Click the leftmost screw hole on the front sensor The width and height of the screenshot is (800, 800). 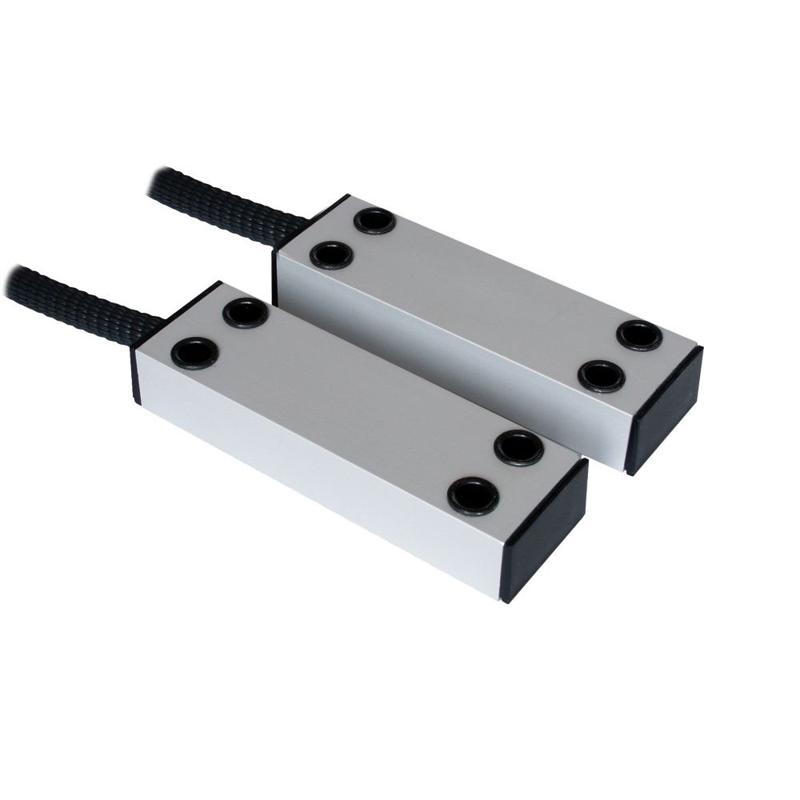tap(194, 352)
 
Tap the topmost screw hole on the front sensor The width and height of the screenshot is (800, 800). tap(246, 313)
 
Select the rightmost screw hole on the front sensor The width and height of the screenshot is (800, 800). tap(518, 448)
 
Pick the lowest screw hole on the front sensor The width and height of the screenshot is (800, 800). tap(473, 496)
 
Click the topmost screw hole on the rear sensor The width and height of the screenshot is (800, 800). tap(374, 220)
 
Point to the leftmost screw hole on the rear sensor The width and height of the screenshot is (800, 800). tap(331, 255)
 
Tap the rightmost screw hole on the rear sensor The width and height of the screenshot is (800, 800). tap(639, 335)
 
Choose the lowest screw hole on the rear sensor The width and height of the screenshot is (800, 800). tap(601, 376)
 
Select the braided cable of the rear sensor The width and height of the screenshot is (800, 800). tap(216, 203)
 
